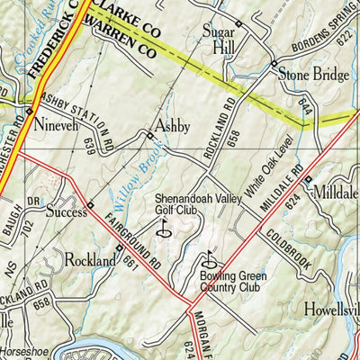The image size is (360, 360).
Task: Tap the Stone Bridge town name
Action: point(312,76)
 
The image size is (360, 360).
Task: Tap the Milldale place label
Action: point(337,191)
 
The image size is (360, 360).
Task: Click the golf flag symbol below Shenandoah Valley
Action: point(165,229)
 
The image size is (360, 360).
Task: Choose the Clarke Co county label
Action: point(126,15)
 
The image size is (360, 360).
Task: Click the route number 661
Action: point(131,260)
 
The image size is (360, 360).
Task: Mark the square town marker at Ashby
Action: point(149,136)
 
